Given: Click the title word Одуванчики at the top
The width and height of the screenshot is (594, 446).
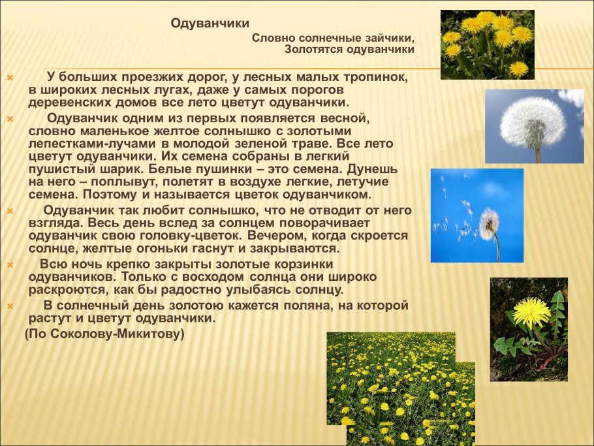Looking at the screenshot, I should [210, 24].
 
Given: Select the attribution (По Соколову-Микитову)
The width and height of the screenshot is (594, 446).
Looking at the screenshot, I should [104, 334].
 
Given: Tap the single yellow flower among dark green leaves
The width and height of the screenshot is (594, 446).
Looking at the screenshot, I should [530, 312].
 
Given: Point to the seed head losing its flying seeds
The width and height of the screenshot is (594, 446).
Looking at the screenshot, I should [489, 223].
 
